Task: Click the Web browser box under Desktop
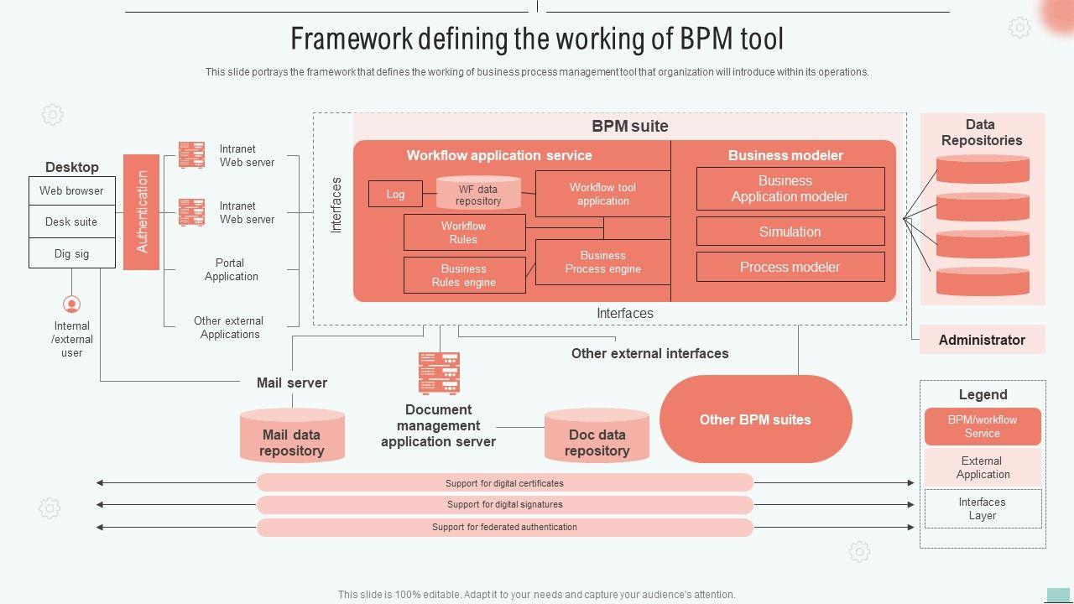(72, 191)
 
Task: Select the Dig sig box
(72, 253)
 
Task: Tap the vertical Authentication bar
(141, 212)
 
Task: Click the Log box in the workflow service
(395, 194)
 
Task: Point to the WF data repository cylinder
(478, 195)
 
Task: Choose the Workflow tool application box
(602, 195)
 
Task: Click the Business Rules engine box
(464, 275)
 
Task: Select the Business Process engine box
(602, 262)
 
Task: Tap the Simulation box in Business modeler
(790, 232)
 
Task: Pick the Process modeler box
(790, 267)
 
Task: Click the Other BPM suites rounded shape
(755, 419)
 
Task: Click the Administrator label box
(982, 340)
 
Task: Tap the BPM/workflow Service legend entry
(982, 426)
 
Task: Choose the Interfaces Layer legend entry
(983, 508)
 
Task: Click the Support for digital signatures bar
(504, 504)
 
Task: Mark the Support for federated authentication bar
(504, 527)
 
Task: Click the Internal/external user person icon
(72, 304)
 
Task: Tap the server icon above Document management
(439, 373)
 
